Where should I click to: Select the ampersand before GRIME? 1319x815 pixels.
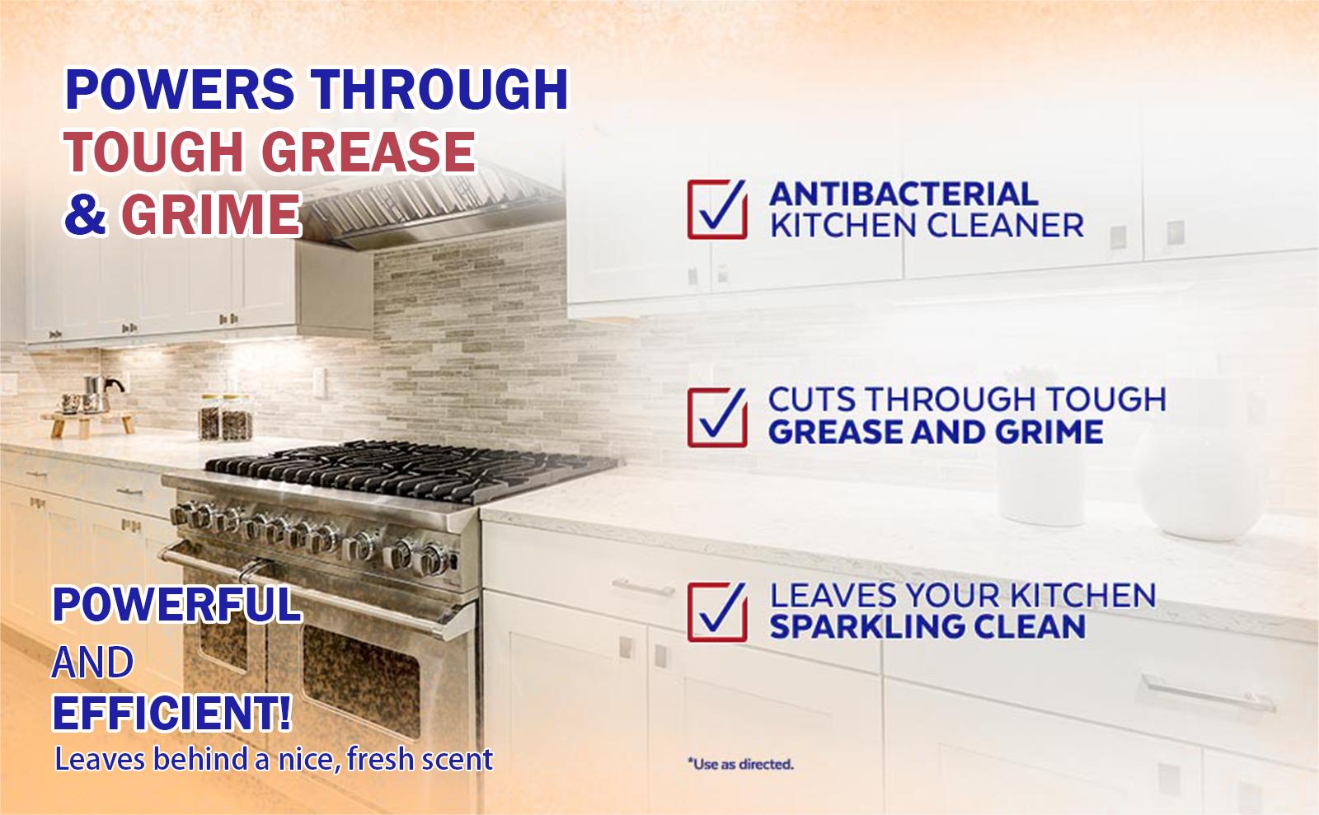[x=85, y=213]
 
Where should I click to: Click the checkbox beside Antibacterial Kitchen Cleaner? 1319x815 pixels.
[x=716, y=209]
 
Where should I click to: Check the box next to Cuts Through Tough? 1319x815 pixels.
[x=716, y=417]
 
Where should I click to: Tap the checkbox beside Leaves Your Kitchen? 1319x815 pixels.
[x=716, y=611]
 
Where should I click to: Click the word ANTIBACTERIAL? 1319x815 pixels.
[x=903, y=194]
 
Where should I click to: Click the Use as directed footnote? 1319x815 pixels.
[x=739, y=764]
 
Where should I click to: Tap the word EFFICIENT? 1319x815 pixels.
[x=171, y=714]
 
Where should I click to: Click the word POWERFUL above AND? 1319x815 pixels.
[x=176, y=605]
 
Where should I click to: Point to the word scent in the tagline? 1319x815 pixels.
[x=457, y=759]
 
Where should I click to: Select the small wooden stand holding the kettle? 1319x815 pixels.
[x=91, y=420]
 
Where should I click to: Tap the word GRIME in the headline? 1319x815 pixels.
[x=210, y=213]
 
